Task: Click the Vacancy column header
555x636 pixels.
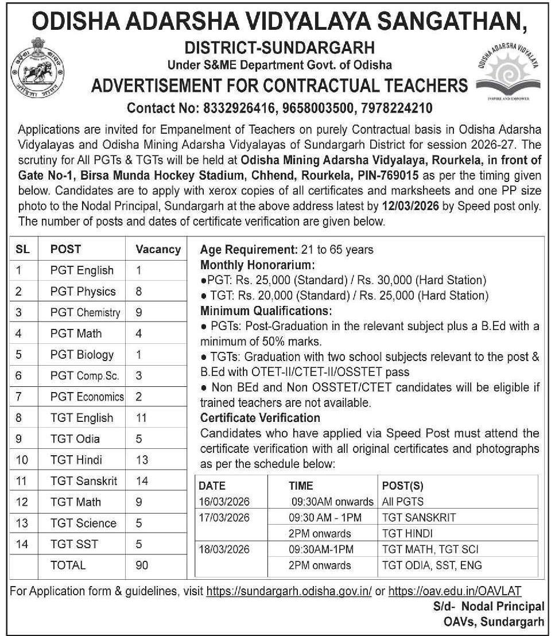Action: (x=158, y=249)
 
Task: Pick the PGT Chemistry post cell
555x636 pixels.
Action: (x=85, y=312)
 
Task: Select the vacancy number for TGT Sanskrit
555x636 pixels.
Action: (x=142, y=480)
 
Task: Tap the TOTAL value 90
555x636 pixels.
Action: (x=142, y=565)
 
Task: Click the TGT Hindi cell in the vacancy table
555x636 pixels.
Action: (x=75, y=459)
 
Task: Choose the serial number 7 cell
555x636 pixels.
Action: (x=19, y=396)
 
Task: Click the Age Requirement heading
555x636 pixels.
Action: (x=247, y=250)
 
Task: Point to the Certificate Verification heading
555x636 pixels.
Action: (x=259, y=418)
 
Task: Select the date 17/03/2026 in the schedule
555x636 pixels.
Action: (x=225, y=517)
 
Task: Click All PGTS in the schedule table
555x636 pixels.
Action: (x=402, y=501)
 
